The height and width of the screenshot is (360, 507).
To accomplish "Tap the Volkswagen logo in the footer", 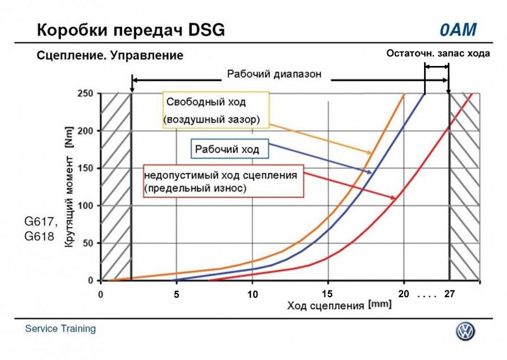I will click(466, 331).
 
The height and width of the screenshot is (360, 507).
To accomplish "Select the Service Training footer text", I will click(61, 329).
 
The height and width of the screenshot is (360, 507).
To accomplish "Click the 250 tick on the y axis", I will click(86, 94).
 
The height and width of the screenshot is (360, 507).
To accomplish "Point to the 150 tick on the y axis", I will click(86, 169).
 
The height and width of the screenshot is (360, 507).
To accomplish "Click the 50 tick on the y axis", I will click(89, 243).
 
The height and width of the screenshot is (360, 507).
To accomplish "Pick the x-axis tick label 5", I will click(177, 295).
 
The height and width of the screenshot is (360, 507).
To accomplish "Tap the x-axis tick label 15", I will click(327, 294).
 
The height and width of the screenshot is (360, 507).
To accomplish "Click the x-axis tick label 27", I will click(451, 295).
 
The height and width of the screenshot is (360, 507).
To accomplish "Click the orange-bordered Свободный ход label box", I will click(214, 110).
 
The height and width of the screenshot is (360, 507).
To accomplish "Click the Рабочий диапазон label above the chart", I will click(274, 74).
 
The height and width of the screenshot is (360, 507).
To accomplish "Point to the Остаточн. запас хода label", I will click(438, 54).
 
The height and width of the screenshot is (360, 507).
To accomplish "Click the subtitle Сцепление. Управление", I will click(110, 56).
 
